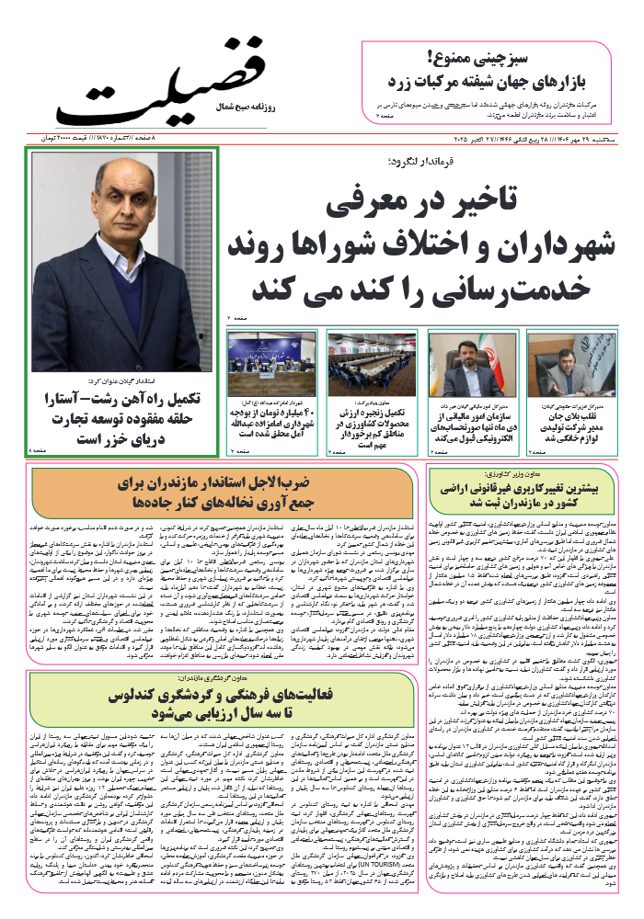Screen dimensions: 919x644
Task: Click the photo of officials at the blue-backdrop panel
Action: click(x=271, y=362)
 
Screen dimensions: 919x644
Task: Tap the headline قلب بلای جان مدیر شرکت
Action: click(x=570, y=427)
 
